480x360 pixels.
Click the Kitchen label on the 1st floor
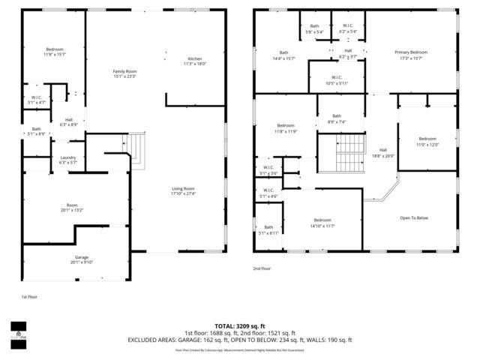tap(194, 61)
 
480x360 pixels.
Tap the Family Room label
tap(124, 73)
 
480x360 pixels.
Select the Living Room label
tap(183, 191)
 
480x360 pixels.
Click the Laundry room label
tap(67, 159)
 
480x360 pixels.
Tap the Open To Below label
tap(413, 218)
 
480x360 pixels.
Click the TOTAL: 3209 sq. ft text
tap(239, 326)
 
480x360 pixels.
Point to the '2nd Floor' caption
tap(262, 268)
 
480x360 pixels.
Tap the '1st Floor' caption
tap(28, 297)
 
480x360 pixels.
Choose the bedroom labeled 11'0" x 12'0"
tap(427, 142)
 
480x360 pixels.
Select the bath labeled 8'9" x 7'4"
tap(337, 118)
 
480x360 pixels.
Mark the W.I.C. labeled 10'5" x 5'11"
tap(336, 80)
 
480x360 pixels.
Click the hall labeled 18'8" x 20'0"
tap(383, 152)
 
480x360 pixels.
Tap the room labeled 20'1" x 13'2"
tap(72, 208)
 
